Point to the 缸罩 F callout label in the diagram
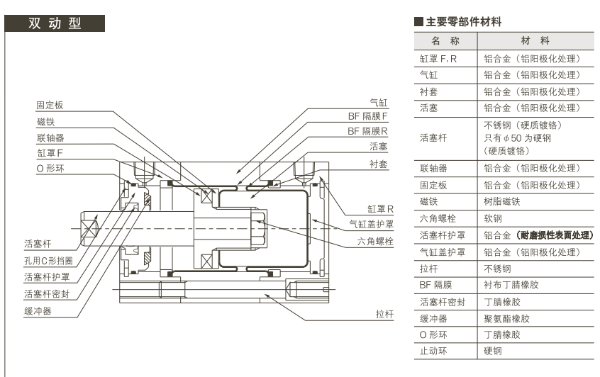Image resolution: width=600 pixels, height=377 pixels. [x=49, y=153]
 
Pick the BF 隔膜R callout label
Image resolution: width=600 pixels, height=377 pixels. [x=367, y=131]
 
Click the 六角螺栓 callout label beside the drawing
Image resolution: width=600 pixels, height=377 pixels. [x=376, y=242]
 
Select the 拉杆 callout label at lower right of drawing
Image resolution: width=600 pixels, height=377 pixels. [x=384, y=313]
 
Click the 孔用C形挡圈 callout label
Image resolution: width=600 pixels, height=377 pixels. [x=48, y=260]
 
